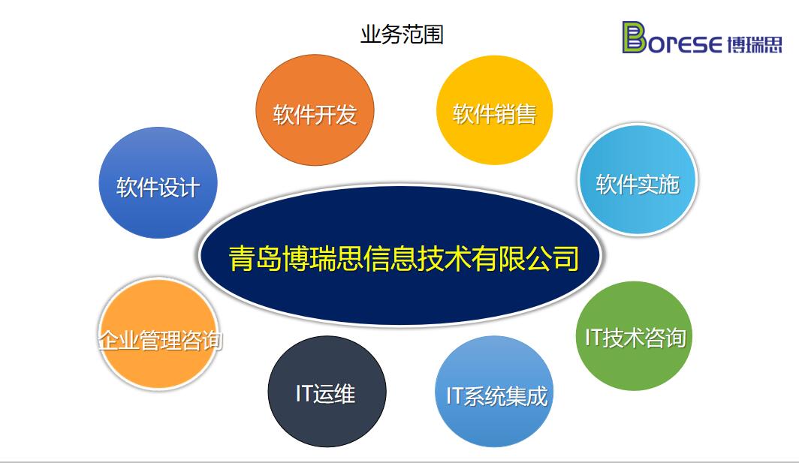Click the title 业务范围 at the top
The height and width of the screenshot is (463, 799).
[402, 35]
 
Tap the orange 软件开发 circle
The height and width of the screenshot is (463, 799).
[315, 110]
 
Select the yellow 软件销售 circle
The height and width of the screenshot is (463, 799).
[494, 110]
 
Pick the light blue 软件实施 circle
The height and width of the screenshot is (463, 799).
[638, 180]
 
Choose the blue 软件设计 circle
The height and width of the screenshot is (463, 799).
[158, 182]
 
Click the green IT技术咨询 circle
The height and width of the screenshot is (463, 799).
[635, 336]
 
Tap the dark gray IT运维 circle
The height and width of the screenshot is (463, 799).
[327, 391]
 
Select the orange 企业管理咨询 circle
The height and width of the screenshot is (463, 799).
[159, 334]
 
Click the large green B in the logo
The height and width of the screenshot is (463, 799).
[634, 38]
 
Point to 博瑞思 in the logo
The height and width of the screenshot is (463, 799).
[754, 44]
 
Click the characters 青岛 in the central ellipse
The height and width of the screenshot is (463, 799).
[255, 258]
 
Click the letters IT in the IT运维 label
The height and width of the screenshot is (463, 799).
[303, 394]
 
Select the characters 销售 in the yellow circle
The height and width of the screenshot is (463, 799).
[516, 114]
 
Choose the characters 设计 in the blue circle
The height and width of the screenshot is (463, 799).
[179, 188]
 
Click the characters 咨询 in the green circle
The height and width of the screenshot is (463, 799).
[665, 338]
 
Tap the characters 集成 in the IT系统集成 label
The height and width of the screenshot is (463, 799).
[527, 396]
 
